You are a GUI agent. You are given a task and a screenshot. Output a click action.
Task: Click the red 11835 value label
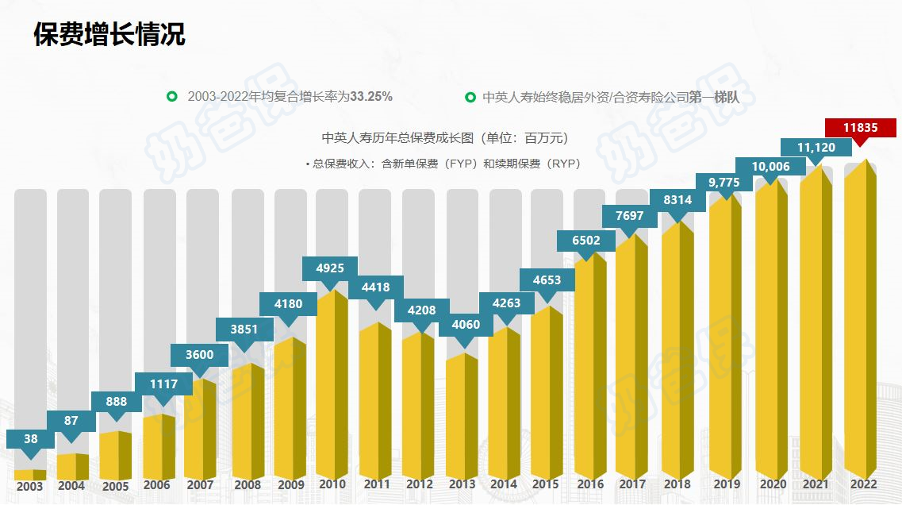(860, 128)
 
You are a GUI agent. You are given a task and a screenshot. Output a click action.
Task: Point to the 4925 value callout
(330, 268)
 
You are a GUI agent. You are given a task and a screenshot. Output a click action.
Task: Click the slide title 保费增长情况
(109, 34)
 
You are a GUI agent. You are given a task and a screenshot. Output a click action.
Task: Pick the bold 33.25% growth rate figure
(371, 96)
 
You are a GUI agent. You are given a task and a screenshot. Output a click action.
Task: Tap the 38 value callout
(30, 438)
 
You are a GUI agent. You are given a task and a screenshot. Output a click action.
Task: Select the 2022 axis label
(863, 484)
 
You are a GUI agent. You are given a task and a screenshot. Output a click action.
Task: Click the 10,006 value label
(770, 167)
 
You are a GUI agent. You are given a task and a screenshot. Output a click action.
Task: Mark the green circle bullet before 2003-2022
(171, 97)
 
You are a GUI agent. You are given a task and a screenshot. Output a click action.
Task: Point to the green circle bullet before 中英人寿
(470, 97)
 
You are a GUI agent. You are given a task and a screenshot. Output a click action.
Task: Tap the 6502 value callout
(585, 241)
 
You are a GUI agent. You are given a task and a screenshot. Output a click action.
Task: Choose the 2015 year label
(545, 484)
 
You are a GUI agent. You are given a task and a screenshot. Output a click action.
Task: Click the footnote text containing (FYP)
(444, 164)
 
